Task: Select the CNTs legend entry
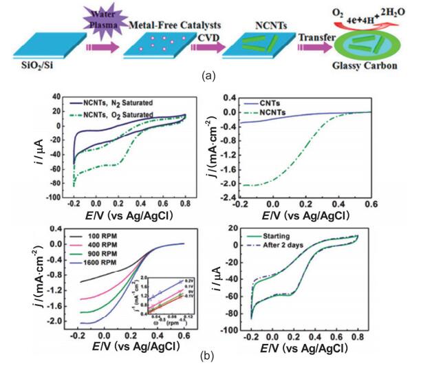282,102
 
